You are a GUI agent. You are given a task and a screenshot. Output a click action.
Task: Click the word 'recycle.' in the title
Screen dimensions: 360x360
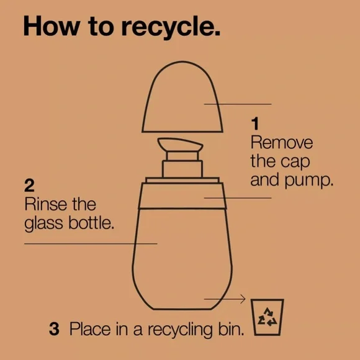[171, 27]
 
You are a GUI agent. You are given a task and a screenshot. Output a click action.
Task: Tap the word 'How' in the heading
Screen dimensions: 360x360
[51, 25]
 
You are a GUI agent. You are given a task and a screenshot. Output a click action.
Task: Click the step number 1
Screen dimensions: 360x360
[255, 124]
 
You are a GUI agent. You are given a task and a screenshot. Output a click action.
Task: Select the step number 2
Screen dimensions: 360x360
[29, 186]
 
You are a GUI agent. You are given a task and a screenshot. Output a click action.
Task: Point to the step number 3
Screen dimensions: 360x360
[54, 329]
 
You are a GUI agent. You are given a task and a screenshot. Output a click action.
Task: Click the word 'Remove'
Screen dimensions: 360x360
[281, 143]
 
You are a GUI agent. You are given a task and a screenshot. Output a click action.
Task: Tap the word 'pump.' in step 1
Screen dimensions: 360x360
[308, 181]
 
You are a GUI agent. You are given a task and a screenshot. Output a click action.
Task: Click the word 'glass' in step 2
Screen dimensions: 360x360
[43, 223]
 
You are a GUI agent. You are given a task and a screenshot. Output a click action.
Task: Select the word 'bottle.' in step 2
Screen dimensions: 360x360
[91, 222]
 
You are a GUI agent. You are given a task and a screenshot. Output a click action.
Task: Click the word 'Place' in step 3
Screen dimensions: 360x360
[90, 329]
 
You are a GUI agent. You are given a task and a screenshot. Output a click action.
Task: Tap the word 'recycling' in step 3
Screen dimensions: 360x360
[180, 330]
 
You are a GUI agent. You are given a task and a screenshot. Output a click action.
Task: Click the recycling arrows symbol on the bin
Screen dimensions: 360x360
[268, 317]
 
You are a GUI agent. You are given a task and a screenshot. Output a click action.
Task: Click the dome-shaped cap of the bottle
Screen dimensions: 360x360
[182, 97]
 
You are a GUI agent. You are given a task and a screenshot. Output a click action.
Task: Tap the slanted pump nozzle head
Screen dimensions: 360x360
[180, 145]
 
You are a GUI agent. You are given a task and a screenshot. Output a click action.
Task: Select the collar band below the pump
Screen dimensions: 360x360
[182, 196]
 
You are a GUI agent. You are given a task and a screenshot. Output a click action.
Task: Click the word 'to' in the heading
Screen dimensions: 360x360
[101, 27]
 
